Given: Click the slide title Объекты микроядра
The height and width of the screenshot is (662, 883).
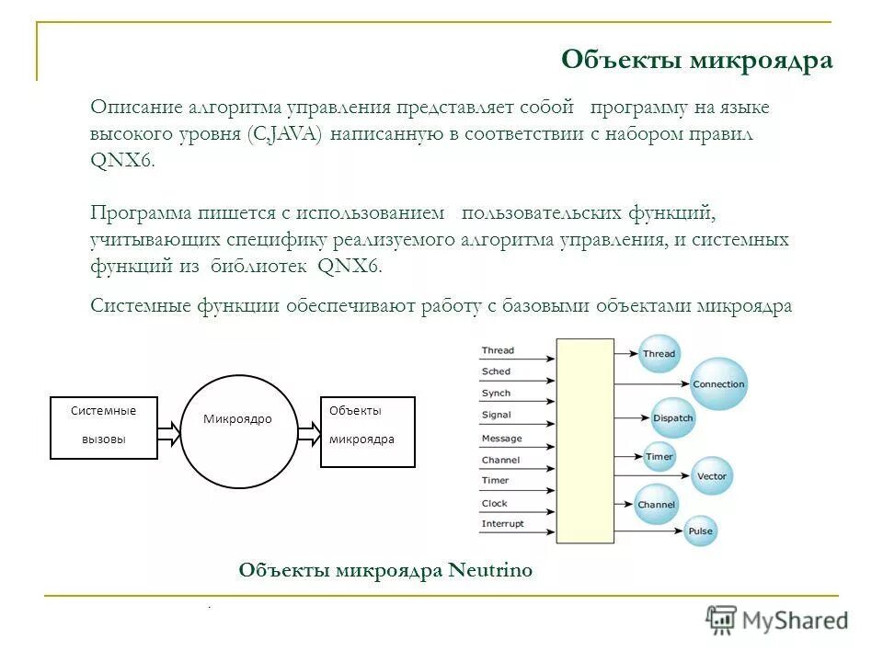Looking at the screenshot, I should click(x=696, y=61).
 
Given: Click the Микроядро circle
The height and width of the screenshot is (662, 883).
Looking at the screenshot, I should click(x=238, y=431).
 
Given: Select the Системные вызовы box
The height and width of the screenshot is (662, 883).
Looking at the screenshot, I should click(x=103, y=427).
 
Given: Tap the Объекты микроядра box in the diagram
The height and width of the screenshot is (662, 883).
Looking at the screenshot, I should click(x=367, y=431).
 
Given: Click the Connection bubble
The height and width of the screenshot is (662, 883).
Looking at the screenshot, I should click(x=718, y=384).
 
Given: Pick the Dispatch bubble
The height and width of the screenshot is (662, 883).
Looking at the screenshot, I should click(x=673, y=417).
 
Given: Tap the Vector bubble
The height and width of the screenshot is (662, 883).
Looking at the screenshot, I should click(x=711, y=475).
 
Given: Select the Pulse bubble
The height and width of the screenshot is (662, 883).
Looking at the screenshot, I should click(x=700, y=531).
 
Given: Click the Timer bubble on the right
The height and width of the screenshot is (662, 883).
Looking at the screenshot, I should click(x=659, y=456).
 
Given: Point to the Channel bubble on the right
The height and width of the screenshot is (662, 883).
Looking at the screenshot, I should click(x=656, y=504).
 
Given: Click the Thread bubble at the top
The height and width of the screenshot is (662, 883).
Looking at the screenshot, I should click(x=659, y=353).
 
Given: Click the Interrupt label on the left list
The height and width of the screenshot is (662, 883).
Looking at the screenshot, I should click(x=502, y=524).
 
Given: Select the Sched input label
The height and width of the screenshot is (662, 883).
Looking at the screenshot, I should click(x=496, y=371).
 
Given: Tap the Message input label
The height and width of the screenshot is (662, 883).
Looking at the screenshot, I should click(x=501, y=439).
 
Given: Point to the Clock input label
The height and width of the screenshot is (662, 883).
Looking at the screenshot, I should click(x=495, y=503).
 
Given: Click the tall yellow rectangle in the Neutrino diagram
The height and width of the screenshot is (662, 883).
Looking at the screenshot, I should click(x=584, y=440).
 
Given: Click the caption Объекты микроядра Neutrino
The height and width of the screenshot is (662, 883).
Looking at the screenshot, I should click(x=385, y=570).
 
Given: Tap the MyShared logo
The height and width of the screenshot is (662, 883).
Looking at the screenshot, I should click(x=777, y=620).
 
